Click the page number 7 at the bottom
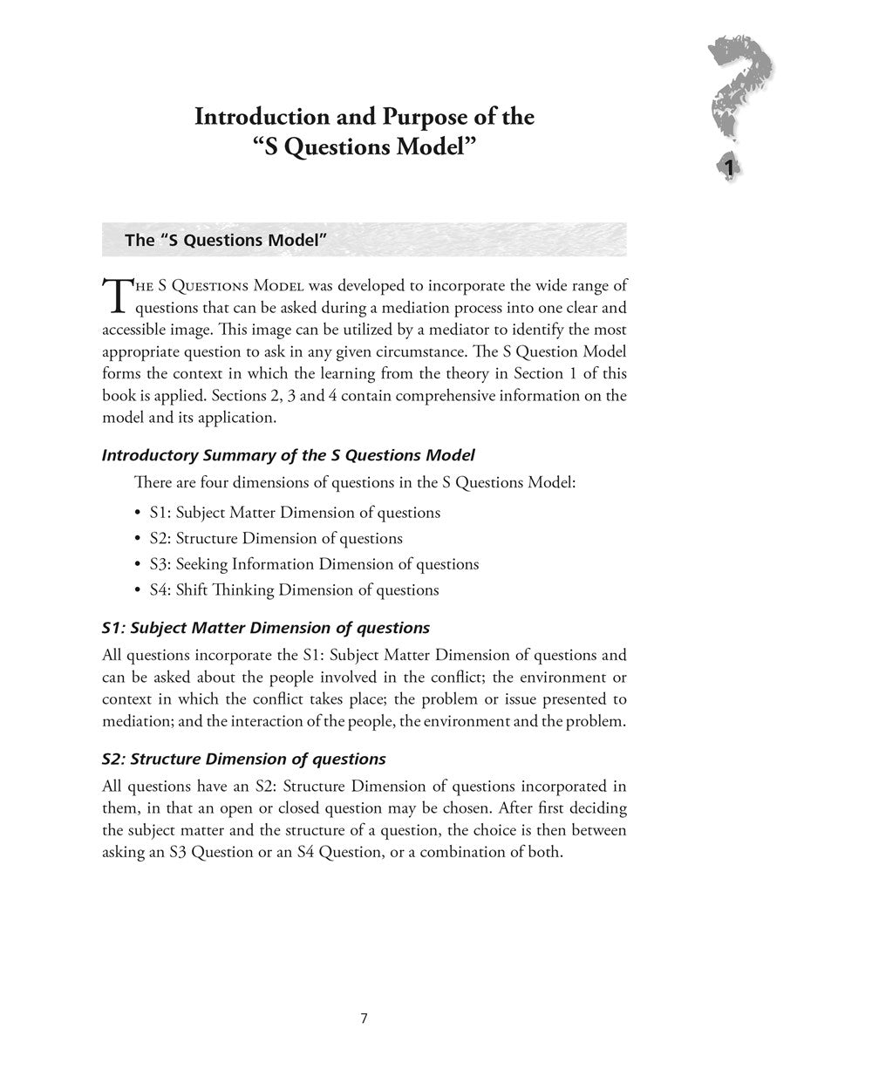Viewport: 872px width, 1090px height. (x=364, y=1018)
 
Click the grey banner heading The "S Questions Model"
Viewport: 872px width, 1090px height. (x=226, y=241)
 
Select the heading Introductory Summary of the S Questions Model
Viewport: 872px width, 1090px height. (x=289, y=455)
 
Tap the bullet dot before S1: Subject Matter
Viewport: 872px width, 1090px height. (x=139, y=514)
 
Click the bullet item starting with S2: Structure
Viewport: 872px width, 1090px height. (x=276, y=538)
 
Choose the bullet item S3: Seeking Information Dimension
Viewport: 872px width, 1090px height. (x=314, y=564)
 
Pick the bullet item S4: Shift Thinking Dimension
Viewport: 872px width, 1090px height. (x=294, y=590)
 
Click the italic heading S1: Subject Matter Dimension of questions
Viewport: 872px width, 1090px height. (x=265, y=628)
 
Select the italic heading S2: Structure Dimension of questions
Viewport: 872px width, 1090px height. (x=243, y=759)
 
